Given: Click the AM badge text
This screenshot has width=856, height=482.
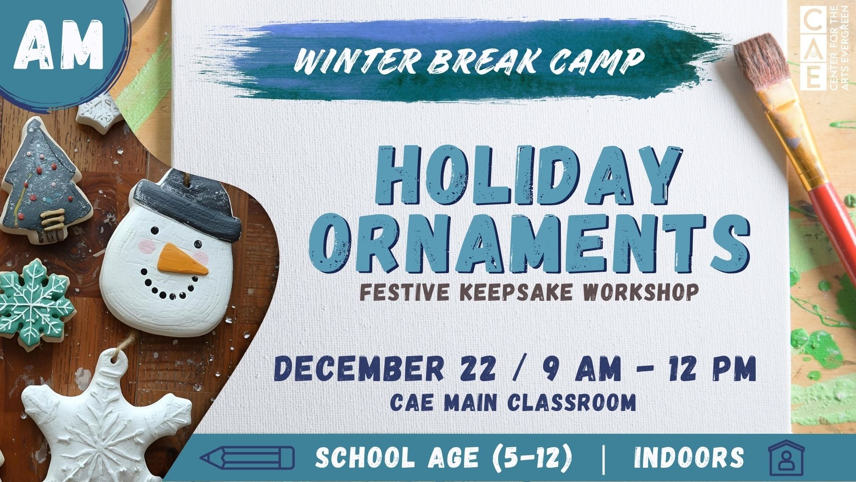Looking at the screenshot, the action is (x=59, y=46).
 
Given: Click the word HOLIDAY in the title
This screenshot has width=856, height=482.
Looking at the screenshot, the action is (x=529, y=176).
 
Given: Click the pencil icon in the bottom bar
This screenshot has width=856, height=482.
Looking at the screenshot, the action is (x=247, y=458).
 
